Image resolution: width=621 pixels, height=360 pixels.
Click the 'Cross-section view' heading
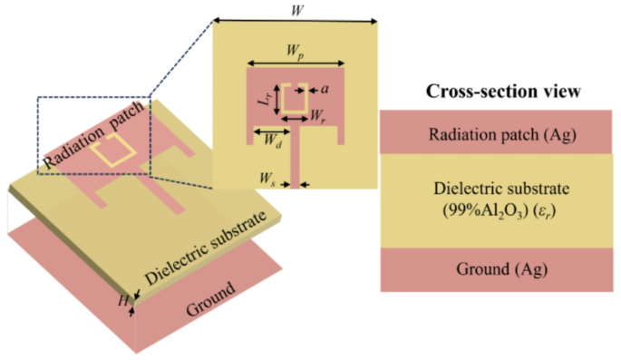(503, 92)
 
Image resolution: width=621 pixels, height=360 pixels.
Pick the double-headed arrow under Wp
(295, 63)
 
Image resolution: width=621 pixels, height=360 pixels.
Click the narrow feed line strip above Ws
(296, 163)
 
